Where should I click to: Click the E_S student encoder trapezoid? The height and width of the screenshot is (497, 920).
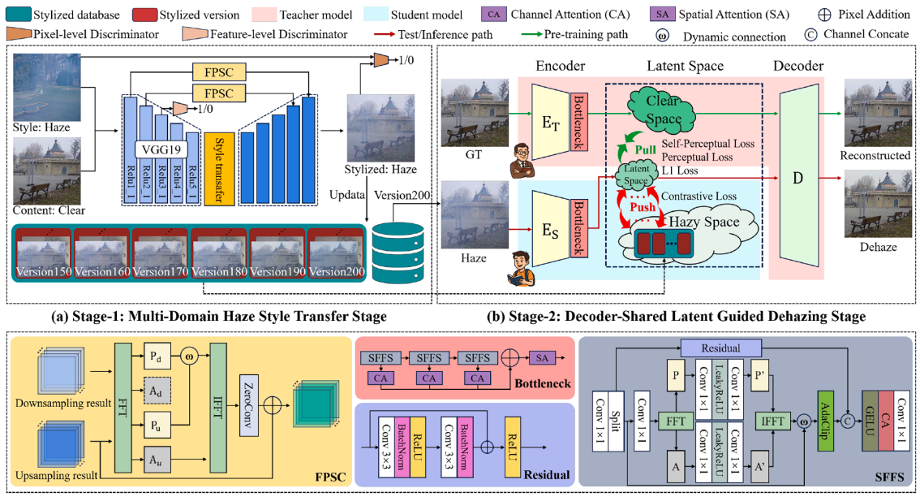point(548,229)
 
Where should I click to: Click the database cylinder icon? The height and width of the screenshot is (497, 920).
point(398,248)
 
